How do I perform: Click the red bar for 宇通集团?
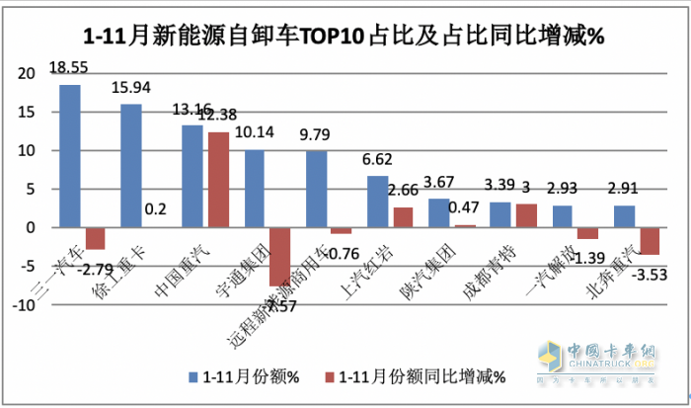pos(279,257)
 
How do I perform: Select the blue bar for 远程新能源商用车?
pos(317,190)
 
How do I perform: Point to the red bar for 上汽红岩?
pos(403,217)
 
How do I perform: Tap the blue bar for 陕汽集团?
pos(439,213)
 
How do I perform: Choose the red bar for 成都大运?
pos(525,216)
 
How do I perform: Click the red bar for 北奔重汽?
pos(649,241)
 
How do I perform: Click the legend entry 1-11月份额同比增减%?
pos(420,376)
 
